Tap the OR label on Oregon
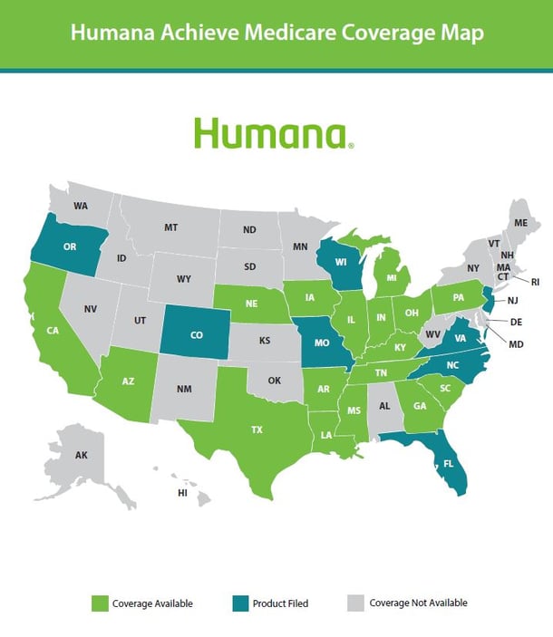(x=70, y=246)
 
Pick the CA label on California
(x=53, y=332)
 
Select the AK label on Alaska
(x=81, y=455)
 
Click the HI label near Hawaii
(x=182, y=493)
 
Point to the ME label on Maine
(x=520, y=223)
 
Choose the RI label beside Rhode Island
(x=535, y=283)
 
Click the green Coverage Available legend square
(x=99, y=603)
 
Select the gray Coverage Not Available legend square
(x=354, y=603)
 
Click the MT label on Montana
(x=170, y=227)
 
